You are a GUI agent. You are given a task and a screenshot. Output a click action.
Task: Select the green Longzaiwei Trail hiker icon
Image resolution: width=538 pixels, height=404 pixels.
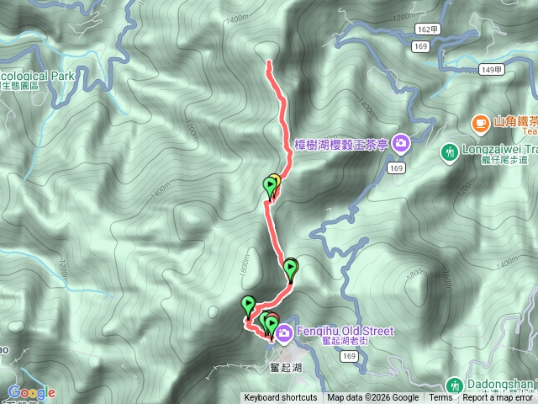447,152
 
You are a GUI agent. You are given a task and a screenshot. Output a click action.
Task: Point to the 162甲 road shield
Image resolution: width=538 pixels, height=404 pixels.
427,29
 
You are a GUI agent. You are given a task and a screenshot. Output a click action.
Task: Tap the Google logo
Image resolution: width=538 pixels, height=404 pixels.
31,392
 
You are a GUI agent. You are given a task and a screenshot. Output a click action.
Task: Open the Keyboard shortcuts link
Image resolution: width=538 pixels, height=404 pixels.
281,398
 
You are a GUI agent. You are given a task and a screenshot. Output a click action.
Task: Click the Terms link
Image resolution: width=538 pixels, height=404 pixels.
440,398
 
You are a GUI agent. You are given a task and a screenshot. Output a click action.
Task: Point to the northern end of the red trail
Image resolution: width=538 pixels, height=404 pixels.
268,63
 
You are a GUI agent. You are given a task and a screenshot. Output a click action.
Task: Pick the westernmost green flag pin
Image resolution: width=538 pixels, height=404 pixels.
248,303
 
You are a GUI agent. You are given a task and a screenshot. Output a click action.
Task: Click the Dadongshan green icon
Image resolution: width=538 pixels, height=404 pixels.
454,385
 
